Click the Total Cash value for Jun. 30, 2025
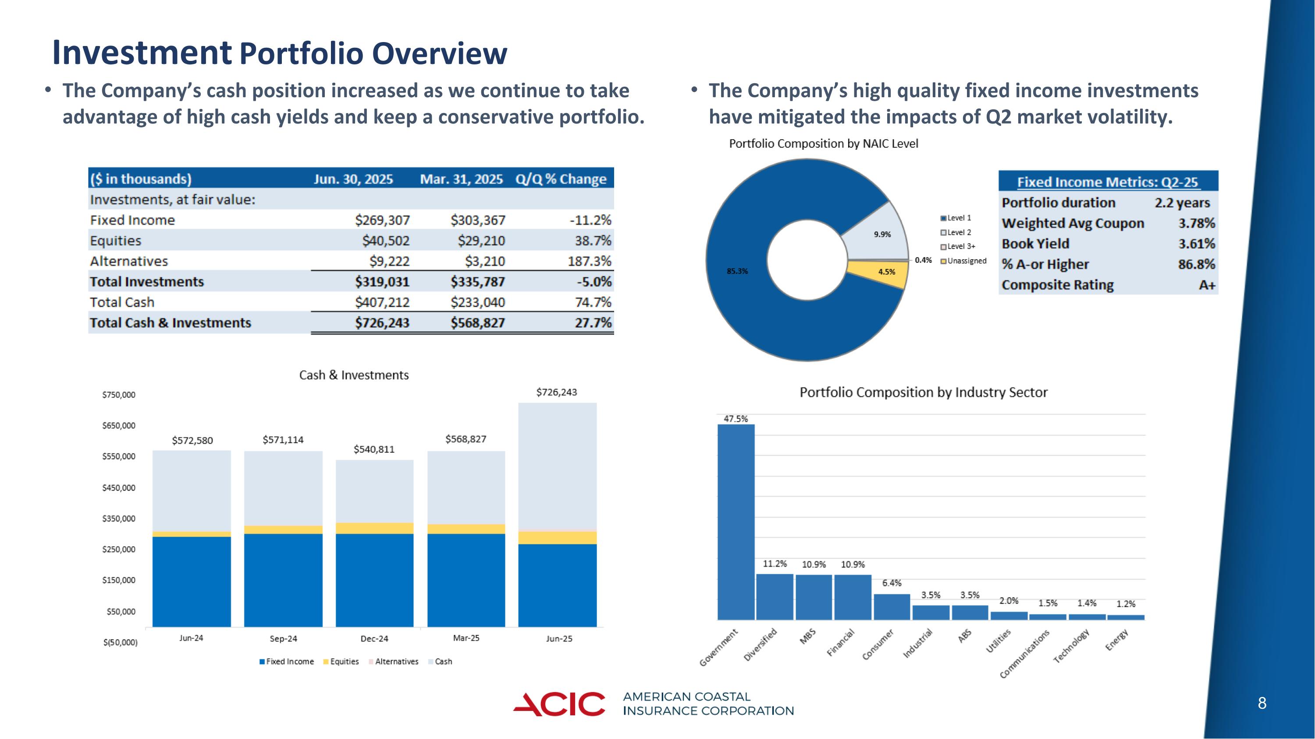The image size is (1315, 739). [x=382, y=302]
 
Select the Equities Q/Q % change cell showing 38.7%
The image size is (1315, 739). [x=593, y=241]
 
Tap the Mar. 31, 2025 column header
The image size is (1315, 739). [x=461, y=179]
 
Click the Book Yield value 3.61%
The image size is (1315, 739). [x=1196, y=244]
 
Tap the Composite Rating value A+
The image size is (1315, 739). [x=1206, y=285]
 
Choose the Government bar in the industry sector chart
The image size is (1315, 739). [x=736, y=520]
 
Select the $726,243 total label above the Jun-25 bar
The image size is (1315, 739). [x=556, y=392]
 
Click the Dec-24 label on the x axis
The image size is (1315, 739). [x=374, y=639]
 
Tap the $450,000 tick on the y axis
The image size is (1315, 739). [x=119, y=488]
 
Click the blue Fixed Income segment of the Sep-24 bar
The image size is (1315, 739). [x=283, y=580]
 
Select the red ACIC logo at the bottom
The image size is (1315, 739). [x=559, y=704]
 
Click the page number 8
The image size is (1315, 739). [x=1262, y=704]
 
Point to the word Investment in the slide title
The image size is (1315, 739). [x=142, y=53]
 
